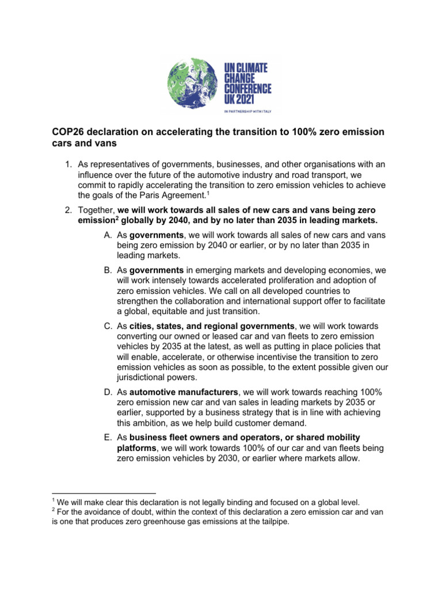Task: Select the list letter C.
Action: click(x=92, y=326)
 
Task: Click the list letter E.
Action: click(x=92, y=438)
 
